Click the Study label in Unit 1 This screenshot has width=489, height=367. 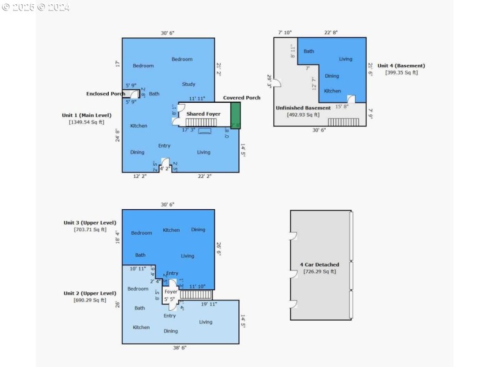click(x=188, y=84)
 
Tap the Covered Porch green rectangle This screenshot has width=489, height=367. click(x=235, y=116)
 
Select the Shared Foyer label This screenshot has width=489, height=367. click(x=204, y=114)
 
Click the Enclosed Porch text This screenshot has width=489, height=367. click(x=105, y=94)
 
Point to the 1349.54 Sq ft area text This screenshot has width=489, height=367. click(x=86, y=122)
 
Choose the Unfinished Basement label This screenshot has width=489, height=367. click(x=303, y=108)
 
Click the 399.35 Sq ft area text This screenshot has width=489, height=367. click(x=402, y=73)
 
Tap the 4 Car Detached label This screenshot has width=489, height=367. click(x=319, y=265)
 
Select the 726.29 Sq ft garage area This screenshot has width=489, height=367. click(x=320, y=272)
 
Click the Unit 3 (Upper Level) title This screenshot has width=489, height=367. click(x=90, y=223)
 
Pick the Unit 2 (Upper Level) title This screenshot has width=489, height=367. click(x=90, y=293)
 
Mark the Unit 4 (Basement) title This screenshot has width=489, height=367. click(x=401, y=65)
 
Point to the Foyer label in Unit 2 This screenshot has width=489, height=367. click(x=171, y=292)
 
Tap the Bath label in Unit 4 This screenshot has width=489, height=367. click(x=309, y=51)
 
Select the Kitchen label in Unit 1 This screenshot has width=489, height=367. click(x=139, y=126)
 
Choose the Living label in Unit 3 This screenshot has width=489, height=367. click(x=188, y=256)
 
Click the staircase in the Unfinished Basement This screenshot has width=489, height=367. click(x=344, y=122)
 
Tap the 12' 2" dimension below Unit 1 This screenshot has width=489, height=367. click(x=140, y=176)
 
